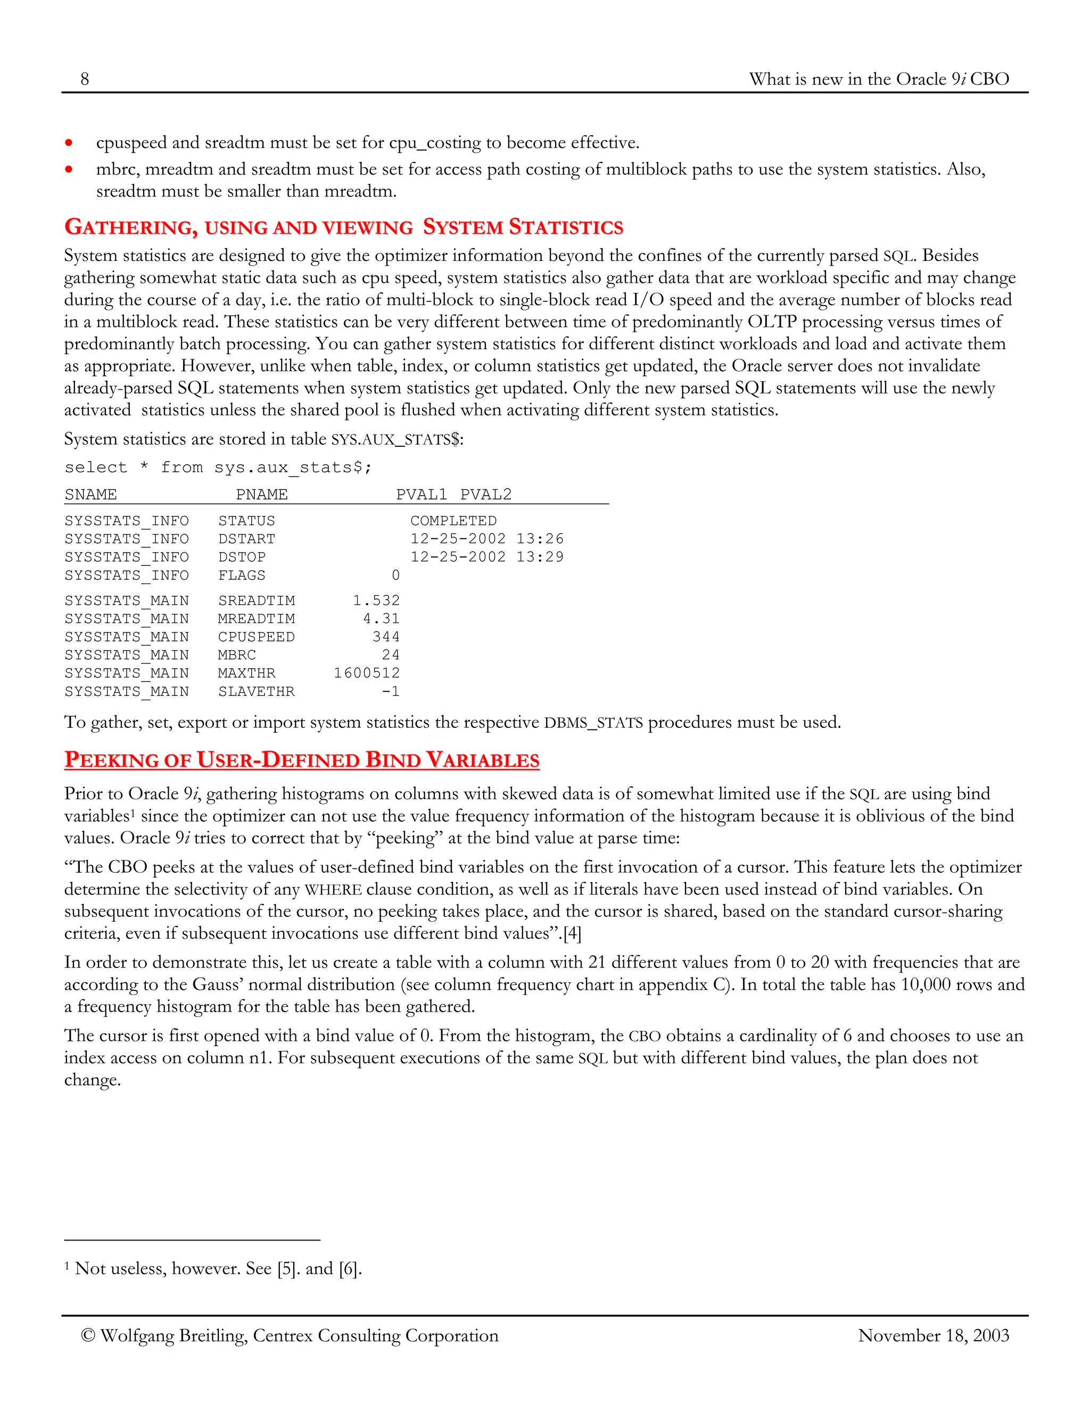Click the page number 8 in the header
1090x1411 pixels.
click(x=85, y=79)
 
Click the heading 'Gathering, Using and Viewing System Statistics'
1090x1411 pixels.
click(x=343, y=227)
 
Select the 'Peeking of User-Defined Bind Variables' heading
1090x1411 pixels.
click(x=302, y=759)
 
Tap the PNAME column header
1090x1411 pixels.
click(x=261, y=494)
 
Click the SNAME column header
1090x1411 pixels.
click(x=90, y=494)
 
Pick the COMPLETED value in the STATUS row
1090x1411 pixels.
click(x=453, y=521)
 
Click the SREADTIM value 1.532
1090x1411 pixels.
click(x=376, y=600)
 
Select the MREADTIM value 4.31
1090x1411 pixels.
click(x=381, y=618)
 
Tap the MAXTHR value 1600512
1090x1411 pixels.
click(x=366, y=672)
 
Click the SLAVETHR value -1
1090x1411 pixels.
click(x=390, y=691)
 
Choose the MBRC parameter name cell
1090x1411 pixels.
click(x=237, y=654)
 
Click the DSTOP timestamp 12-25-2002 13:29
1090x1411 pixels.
click(x=487, y=557)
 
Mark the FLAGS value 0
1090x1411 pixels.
click(x=395, y=575)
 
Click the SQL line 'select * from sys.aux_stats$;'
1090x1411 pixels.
click(x=218, y=467)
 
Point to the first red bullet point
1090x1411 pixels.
click(x=69, y=143)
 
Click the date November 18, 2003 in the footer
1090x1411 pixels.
click(x=933, y=1335)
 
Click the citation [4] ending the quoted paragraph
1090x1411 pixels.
click(x=572, y=933)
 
